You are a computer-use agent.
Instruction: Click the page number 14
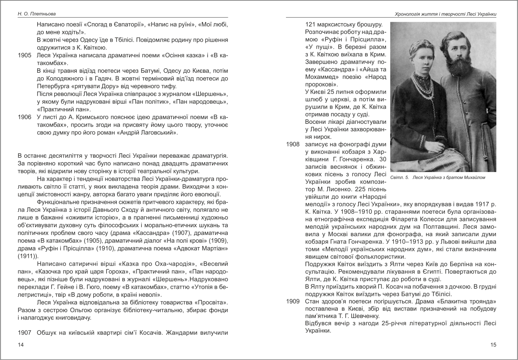point(21,345)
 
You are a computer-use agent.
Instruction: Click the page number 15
point(493,345)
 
